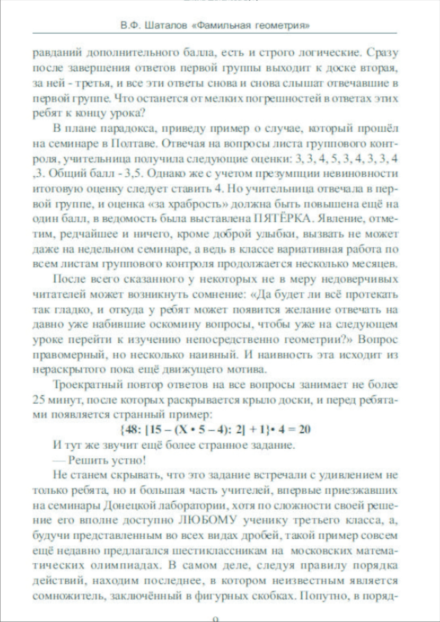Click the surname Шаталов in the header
(166, 26)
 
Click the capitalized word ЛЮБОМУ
(207, 520)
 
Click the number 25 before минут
(39, 400)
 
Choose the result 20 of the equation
(304, 429)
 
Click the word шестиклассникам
(223, 551)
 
